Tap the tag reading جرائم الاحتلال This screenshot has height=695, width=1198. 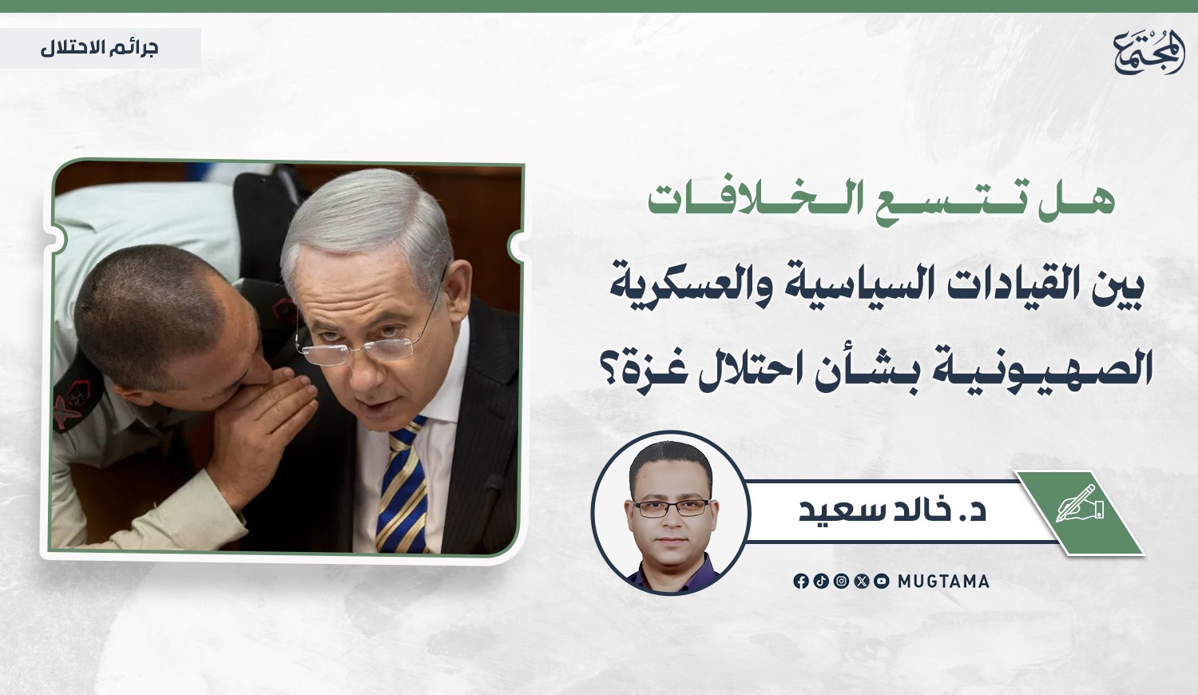click(x=100, y=48)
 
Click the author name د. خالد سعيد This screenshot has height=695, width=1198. click(x=893, y=510)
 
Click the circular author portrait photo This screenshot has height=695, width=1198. click(x=671, y=513)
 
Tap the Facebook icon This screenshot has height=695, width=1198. click(x=801, y=582)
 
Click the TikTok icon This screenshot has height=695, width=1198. click(x=821, y=582)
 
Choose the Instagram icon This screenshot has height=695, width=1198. click(x=841, y=582)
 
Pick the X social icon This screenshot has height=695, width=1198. click(x=862, y=582)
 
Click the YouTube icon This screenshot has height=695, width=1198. click(x=882, y=582)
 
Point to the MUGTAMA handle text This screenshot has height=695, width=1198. click(x=943, y=582)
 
